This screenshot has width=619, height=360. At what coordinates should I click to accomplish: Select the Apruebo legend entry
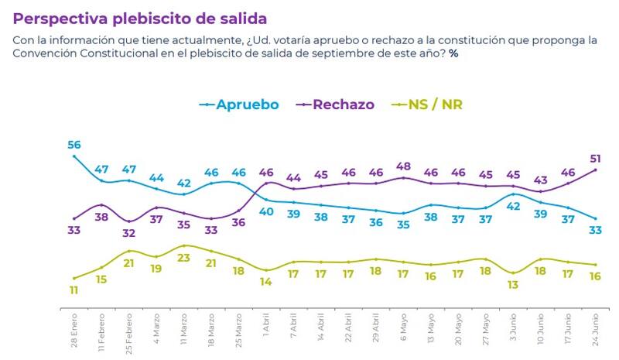(240, 105)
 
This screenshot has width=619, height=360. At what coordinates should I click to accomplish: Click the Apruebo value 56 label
(74, 144)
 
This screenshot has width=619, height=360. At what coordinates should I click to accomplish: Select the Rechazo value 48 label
(404, 166)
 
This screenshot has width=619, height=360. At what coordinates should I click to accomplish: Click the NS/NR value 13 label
(513, 285)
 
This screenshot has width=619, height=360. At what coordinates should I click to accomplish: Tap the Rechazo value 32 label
(128, 233)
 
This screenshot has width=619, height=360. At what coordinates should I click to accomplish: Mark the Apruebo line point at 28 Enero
(74, 156)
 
